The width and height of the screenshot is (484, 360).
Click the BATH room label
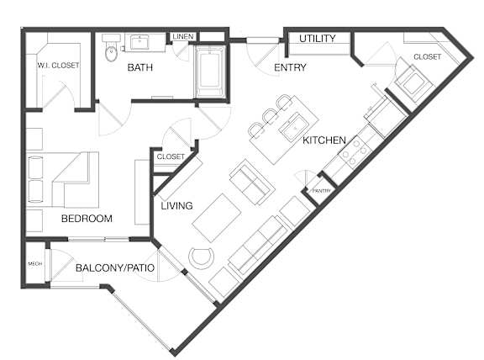(139, 67)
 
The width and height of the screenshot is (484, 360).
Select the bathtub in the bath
(209, 71)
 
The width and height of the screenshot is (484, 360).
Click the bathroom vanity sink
(139, 42)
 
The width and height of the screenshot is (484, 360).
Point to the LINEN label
(183, 36)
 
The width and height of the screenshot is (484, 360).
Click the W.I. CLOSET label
(58, 66)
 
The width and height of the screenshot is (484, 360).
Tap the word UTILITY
(318, 39)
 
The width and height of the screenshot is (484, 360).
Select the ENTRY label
(290, 67)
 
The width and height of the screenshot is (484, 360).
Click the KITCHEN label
(324, 140)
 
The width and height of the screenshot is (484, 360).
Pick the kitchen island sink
(294, 125)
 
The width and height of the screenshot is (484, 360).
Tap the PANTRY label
(322, 191)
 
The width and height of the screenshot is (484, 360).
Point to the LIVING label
(176, 205)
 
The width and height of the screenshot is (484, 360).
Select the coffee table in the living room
(217, 218)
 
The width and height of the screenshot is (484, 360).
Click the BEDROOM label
(87, 219)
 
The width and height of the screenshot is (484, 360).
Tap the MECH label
(35, 263)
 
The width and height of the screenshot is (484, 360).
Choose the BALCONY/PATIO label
(115, 267)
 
